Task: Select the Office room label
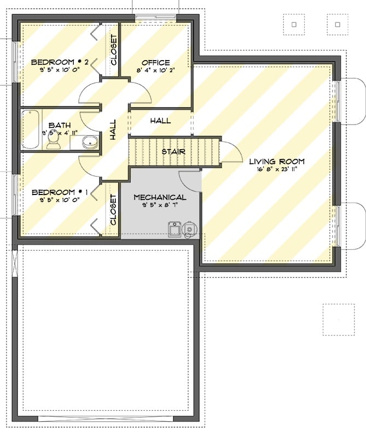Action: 155,62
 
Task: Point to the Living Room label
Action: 277,161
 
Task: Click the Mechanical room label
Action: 160,197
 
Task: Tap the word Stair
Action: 173,151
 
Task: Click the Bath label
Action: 59,125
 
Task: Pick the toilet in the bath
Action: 54,142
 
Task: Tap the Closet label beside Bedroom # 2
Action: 114,50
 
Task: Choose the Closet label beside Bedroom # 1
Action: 114,210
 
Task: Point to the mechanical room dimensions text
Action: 160,206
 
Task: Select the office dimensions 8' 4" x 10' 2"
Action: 155,70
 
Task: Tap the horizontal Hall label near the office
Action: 160,121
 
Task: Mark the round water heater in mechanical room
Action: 190,229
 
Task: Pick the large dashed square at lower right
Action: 339,319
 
